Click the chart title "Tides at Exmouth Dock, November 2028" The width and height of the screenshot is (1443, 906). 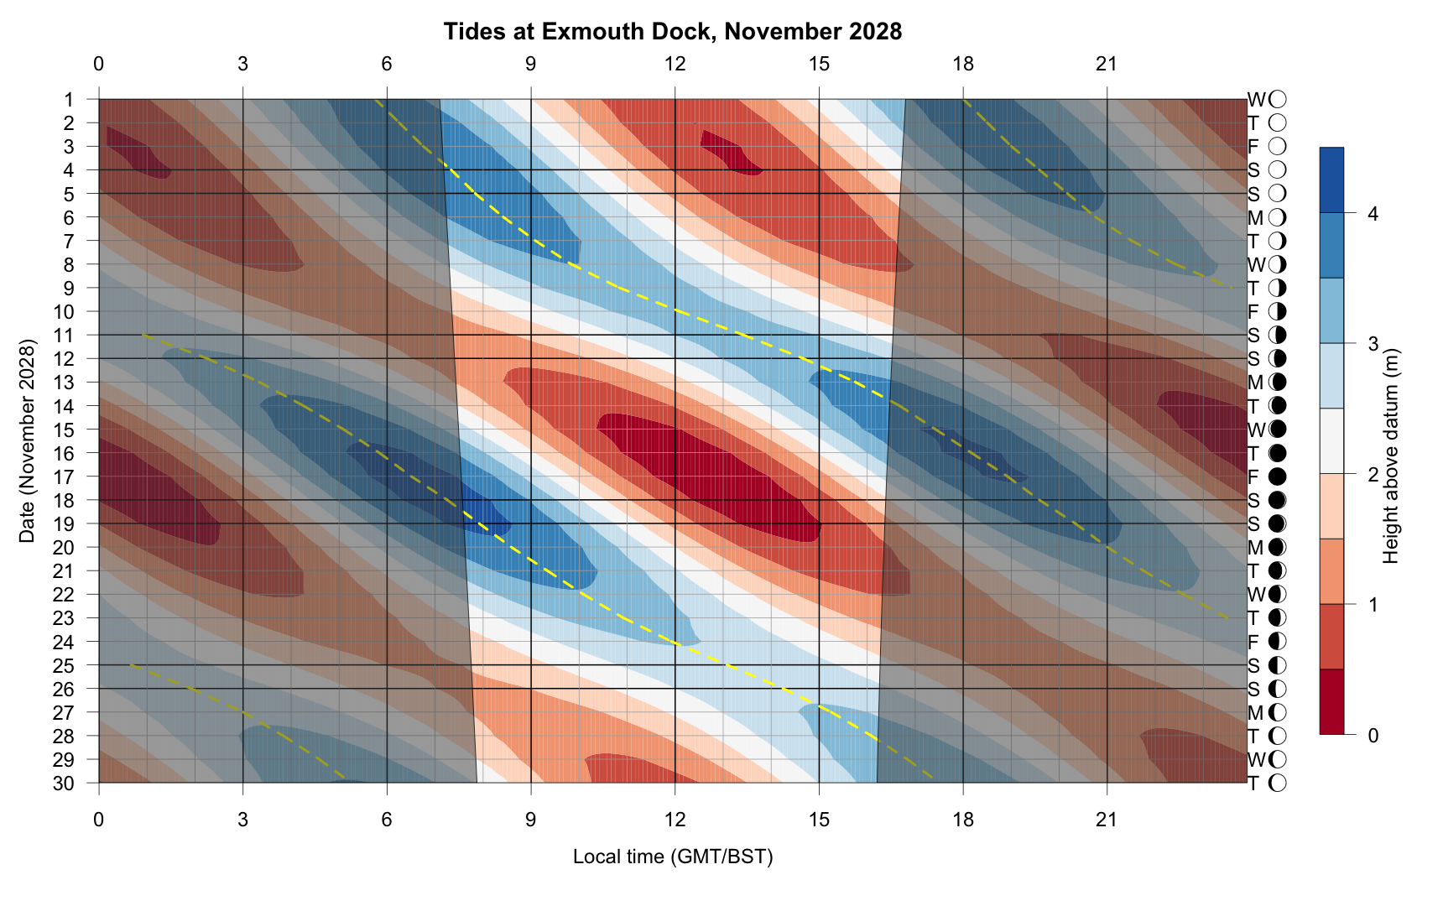click(672, 32)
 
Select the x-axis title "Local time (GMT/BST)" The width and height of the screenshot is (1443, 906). click(672, 857)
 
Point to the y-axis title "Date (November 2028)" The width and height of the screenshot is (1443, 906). click(28, 441)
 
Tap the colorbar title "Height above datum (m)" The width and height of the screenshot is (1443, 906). click(1391, 456)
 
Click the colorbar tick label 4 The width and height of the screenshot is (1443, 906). click(1373, 214)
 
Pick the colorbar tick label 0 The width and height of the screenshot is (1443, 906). click(1373, 736)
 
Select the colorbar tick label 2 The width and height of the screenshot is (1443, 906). click(1373, 475)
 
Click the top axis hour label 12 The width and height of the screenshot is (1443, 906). click(675, 64)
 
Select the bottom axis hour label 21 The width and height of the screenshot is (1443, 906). click(1107, 819)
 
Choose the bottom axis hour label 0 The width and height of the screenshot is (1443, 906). click(99, 819)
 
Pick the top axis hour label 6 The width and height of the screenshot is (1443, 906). click(387, 64)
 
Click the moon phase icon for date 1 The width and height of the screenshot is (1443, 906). click(1278, 100)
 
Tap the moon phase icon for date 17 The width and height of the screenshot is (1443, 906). click(1278, 477)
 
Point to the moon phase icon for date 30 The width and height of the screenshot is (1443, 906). click(1278, 784)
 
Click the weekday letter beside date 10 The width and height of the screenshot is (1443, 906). click(1253, 312)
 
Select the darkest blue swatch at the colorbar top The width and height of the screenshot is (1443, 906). click(1331, 180)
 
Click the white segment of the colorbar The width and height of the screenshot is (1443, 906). click(1331, 441)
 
